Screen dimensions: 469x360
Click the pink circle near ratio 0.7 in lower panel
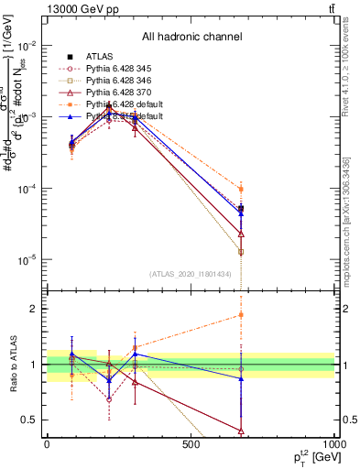[110, 399]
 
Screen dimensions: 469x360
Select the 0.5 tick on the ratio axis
[31, 420]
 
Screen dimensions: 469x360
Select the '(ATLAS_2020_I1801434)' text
[191, 273]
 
